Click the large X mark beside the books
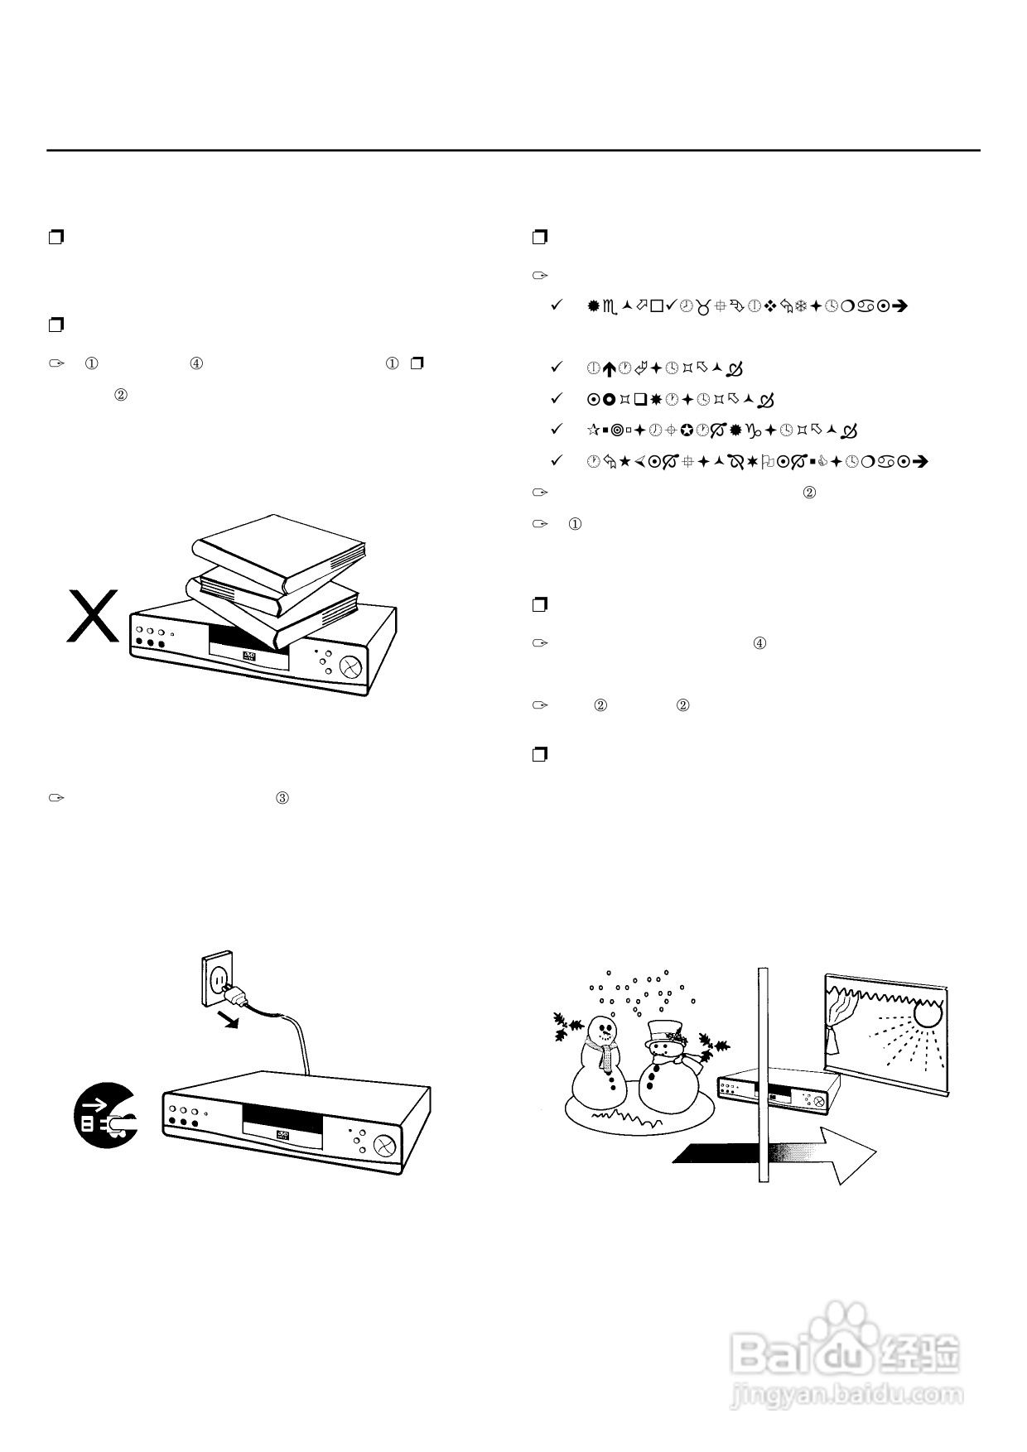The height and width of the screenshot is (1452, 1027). pos(93,616)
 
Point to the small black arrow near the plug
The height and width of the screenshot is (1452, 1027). pos(231,1019)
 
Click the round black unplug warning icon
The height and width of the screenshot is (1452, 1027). pos(105,1115)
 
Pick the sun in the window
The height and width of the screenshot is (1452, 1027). pos(927,1012)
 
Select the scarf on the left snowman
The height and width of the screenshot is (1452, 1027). pos(608,1056)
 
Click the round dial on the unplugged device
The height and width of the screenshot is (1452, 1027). pos(383,1146)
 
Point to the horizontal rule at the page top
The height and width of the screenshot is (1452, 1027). pos(513,151)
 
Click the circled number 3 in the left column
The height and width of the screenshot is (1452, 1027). pos(282,799)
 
